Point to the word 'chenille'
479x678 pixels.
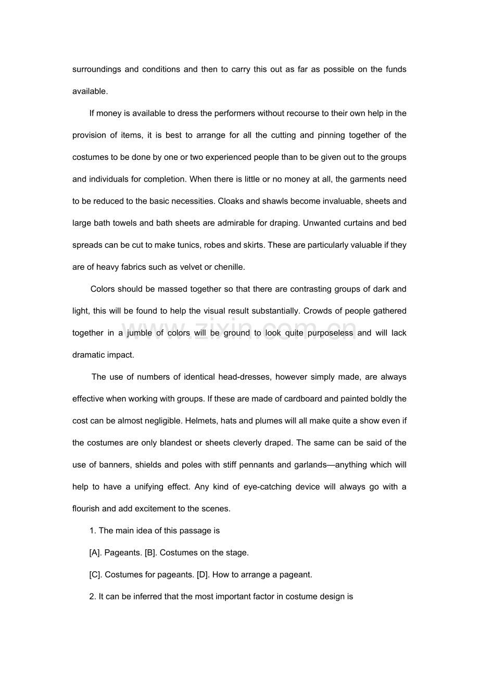point(229,267)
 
